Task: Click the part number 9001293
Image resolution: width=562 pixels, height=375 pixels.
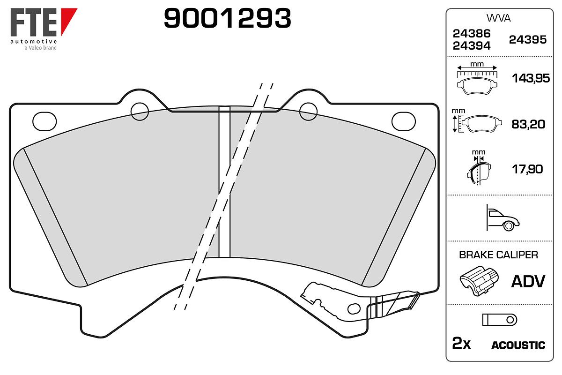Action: pyautogui.click(x=227, y=18)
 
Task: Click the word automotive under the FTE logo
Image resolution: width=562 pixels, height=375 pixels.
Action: pyautogui.click(x=34, y=41)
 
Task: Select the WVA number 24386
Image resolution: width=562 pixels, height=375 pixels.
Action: pyautogui.click(x=472, y=33)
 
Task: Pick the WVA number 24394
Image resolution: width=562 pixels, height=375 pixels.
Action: pyautogui.click(x=472, y=46)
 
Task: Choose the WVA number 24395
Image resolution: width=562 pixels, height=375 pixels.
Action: pyautogui.click(x=528, y=40)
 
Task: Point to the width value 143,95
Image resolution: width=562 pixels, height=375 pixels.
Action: pyautogui.click(x=531, y=78)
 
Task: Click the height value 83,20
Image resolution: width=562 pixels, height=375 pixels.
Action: pyautogui.click(x=528, y=124)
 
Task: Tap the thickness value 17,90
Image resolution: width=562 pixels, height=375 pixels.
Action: pyautogui.click(x=527, y=169)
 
